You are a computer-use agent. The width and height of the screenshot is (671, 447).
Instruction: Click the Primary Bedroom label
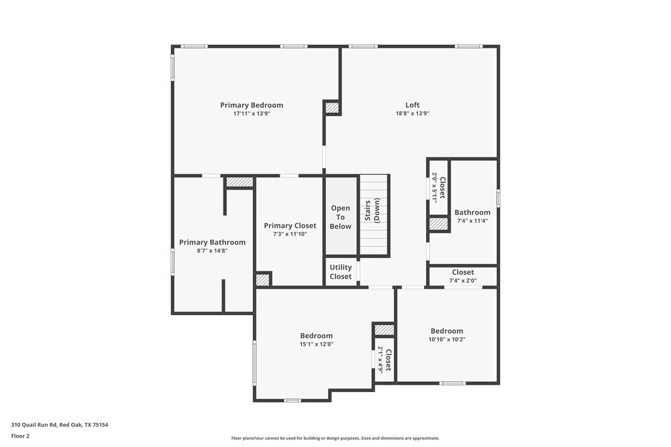[252, 105]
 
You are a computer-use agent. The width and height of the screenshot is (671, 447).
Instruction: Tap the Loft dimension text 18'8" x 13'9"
[412, 114]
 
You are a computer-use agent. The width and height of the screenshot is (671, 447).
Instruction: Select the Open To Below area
[341, 217]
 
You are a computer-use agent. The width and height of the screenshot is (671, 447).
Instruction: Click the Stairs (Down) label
[372, 210]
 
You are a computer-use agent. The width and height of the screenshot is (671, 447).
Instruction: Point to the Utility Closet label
[340, 272]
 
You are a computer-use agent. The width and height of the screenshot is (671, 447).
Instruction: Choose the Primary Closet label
[290, 226]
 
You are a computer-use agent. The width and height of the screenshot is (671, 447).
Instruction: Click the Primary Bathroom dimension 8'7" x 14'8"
[212, 251]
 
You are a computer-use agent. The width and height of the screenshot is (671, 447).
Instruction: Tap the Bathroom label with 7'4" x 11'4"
[472, 212]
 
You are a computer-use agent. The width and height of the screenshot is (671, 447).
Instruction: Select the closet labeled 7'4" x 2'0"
[462, 276]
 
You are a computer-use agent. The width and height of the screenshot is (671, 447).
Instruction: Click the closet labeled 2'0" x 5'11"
[439, 187]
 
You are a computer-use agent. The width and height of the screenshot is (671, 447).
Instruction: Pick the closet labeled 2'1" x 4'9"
[384, 359]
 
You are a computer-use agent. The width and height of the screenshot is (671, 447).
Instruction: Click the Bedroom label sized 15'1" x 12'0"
[316, 336]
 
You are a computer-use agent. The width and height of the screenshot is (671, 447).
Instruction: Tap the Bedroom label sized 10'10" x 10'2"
[447, 331]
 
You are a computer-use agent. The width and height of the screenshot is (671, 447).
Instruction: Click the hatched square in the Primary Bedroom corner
[332, 107]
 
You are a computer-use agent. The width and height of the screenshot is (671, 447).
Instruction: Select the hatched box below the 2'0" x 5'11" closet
[439, 225]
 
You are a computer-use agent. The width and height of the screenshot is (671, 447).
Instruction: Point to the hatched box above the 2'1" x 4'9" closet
[384, 330]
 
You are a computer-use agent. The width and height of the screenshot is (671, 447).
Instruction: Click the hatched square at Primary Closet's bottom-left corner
[262, 279]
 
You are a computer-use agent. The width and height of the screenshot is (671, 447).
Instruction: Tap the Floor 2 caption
[20, 436]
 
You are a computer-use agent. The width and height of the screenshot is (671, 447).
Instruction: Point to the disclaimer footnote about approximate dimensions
[335, 438]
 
